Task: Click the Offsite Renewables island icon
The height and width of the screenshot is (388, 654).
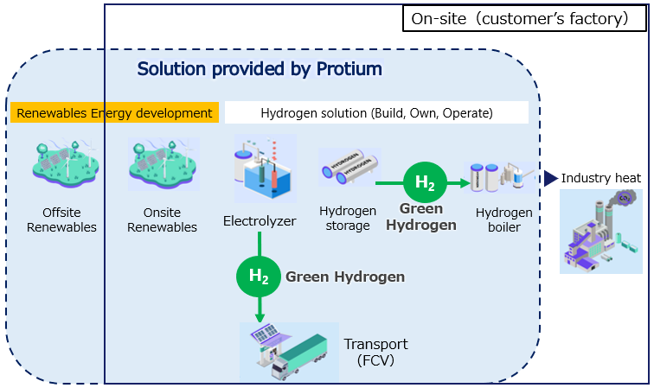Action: pyautogui.click(x=66, y=164)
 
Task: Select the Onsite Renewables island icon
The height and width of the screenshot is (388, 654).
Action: pyautogui.click(x=163, y=164)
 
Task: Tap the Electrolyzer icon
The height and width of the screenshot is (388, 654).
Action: pyautogui.click(x=266, y=169)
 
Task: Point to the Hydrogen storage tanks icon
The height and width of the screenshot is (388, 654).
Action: pyautogui.click(x=349, y=167)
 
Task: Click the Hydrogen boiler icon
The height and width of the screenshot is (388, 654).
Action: pyautogui.click(x=500, y=177)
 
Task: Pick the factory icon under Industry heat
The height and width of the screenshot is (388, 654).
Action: pyautogui.click(x=601, y=232)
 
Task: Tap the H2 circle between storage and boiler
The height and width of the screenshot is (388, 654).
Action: pyautogui.click(x=425, y=182)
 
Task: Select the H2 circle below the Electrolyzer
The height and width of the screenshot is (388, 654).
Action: pyautogui.click(x=259, y=277)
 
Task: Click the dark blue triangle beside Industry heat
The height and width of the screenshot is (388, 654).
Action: pyautogui.click(x=550, y=178)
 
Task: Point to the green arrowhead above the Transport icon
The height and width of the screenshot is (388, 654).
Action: pyautogui.click(x=260, y=317)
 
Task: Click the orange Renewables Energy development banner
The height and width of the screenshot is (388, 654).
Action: pyautogui.click(x=114, y=112)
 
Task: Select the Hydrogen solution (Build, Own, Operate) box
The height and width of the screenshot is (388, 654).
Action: pyautogui.click(x=376, y=112)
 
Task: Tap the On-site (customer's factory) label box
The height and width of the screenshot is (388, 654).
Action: pyautogui.click(x=524, y=18)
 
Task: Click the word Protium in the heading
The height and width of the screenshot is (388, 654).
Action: pyautogui.click(x=349, y=69)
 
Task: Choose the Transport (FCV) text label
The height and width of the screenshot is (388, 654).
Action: pyautogui.click(x=375, y=352)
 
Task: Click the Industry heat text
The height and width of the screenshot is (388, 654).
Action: pyautogui.click(x=600, y=178)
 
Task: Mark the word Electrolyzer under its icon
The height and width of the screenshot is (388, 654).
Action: pyautogui.click(x=260, y=221)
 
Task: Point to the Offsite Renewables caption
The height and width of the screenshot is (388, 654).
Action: pyautogui.click(x=61, y=219)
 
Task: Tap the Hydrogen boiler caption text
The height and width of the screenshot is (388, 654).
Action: pyautogui.click(x=503, y=219)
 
